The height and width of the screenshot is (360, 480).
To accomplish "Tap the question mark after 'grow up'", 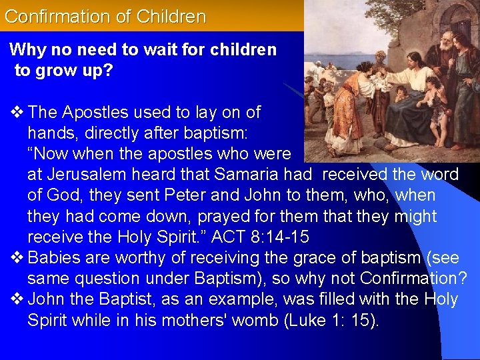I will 107,71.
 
